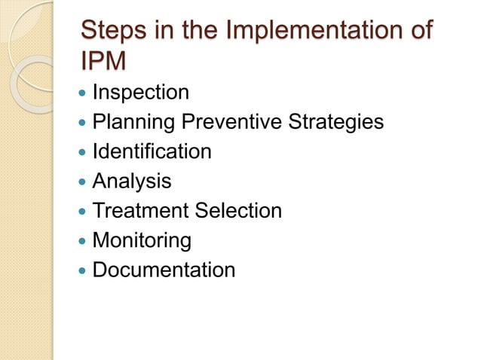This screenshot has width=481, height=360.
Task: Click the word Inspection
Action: [x=140, y=93]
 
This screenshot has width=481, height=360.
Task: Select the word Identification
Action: [x=152, y=152]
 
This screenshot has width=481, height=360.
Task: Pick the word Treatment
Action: [x=140, y=211]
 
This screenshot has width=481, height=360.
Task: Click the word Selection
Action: [x=238, y=211]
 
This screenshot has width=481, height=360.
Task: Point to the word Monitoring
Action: [x=141, y=241]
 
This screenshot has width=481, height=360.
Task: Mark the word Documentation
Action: [x=164, y=270]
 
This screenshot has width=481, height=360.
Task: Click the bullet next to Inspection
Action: [x=81, y=94]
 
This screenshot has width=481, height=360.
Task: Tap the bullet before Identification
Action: [x=81, y=153]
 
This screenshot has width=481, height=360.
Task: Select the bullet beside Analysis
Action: [x=81, y=182]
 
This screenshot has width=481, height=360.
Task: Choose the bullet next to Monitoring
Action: [x=81, y=241]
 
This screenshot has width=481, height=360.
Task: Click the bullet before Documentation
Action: [x=81, y=270]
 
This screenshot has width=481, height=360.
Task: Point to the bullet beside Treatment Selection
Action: [x=81, y=212]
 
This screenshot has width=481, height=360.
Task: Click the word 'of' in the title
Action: [x=419, y=32]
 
